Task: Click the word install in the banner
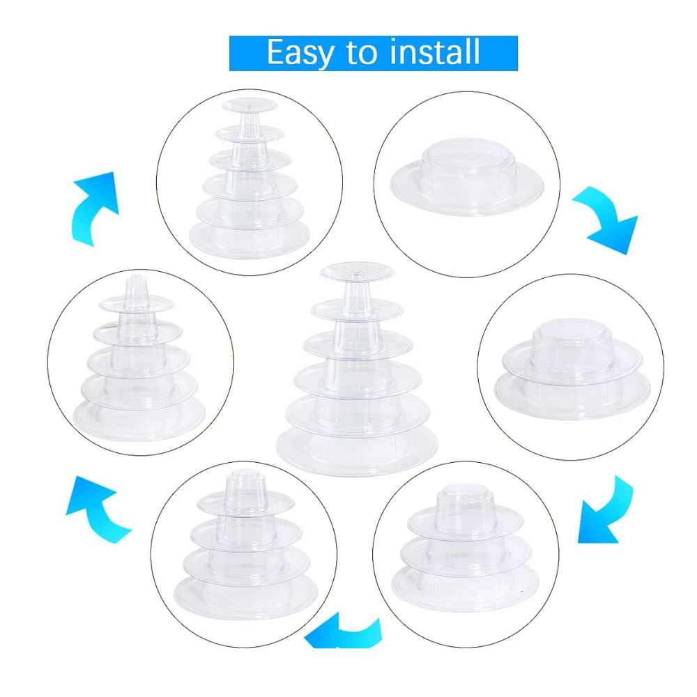(435, 52)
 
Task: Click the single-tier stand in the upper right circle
(467, 177)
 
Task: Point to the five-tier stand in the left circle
(139, 360)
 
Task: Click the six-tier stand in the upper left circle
(250, 178)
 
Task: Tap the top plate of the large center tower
(358, 272)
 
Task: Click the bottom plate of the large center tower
(357, 450)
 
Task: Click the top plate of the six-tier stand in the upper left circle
(250, 105)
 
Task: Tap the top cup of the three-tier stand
(466, 507)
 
